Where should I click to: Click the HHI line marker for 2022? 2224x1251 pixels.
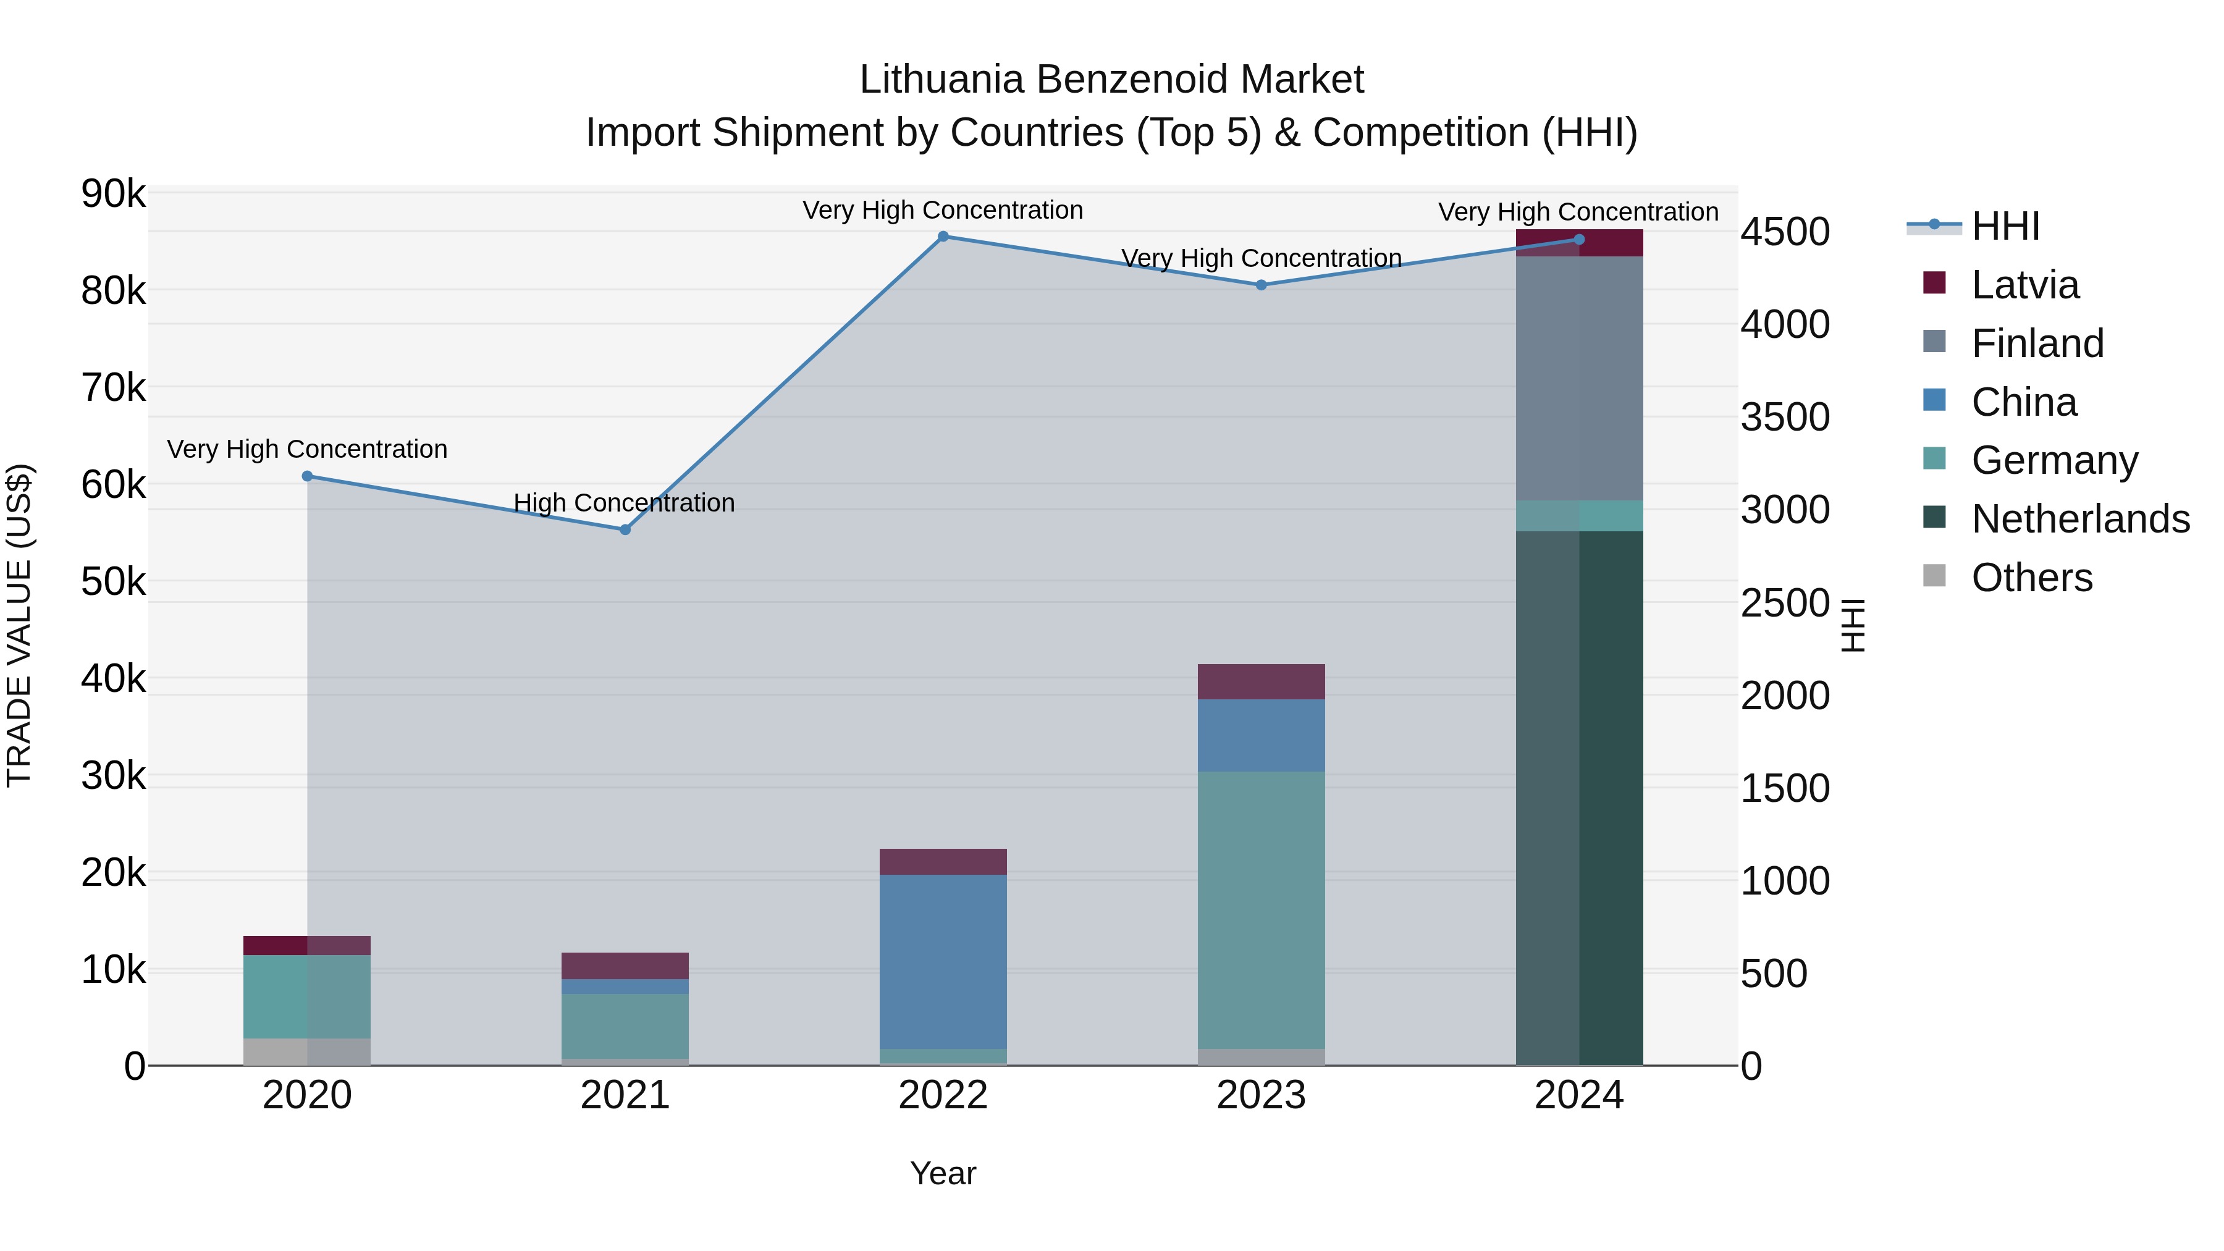(943, 237)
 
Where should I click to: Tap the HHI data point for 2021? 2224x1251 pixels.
(625, 529)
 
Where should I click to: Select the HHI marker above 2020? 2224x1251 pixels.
(308, 476)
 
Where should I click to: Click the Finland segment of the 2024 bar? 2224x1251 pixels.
(1579, 378)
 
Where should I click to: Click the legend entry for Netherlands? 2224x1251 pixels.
(2081, 519)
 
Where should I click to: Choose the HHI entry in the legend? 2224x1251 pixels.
(2005, 226)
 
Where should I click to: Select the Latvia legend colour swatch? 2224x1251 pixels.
(1935, 283)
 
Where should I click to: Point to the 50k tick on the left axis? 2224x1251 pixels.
(113, 582)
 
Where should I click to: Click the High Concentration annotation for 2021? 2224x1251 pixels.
(623, 502)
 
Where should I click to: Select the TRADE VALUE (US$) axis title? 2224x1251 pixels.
(19, 625)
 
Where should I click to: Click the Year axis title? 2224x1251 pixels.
(943, 1173)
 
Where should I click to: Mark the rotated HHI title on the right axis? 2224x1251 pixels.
(1853, 625)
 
